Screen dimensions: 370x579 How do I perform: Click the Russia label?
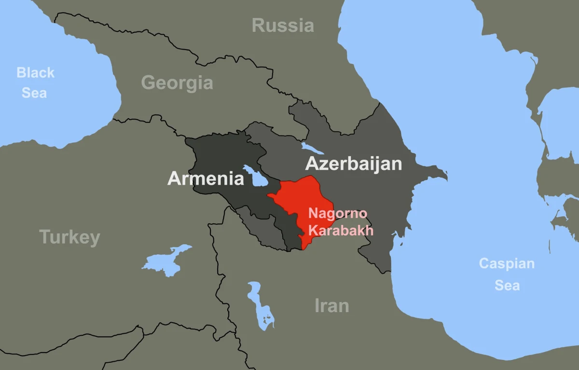point(283,25)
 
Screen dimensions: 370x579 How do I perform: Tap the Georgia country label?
point(177,83)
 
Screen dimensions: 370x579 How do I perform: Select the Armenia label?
point(206,178)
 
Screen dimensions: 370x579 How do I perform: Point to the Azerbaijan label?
point(353,164)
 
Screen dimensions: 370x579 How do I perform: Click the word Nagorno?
point(338,213)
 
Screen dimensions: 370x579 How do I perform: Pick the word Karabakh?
point(341,230)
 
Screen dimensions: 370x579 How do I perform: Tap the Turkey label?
point(69,237)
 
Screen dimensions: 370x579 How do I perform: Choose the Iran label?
point(331,305)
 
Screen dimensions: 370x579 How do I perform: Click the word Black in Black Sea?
point(36,73)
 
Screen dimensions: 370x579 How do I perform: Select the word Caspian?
point(507,264)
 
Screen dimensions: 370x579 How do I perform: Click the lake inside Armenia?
point(259,178)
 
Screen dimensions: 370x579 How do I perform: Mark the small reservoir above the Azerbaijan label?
point(309,147)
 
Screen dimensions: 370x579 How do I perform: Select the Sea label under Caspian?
point(507,285)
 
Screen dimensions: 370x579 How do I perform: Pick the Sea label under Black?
point(34,92)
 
